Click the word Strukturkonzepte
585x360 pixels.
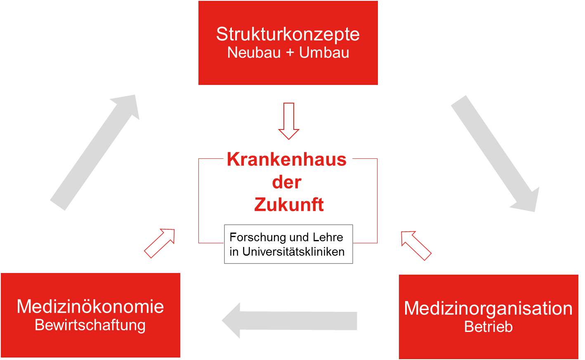[288, 35]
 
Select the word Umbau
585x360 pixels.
[324, 53]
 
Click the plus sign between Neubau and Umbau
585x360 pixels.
[290, 53]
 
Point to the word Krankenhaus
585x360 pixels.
[287, 159]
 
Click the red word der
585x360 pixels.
[287, 182]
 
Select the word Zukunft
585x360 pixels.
[289, 204]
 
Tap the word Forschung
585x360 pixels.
[257, 238]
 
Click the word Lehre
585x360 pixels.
[328, 237]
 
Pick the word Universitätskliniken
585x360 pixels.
[293, 252]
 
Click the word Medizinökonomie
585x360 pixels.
[90, 306]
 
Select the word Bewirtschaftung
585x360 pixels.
[90, 325]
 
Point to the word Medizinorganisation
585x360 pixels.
[488, 308]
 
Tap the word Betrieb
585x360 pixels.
[488, 327]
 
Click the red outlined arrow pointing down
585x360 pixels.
[289, 121]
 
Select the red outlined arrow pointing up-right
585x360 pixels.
[160, 243]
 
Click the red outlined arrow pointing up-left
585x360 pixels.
[416, 245]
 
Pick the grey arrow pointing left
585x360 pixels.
[289, 320]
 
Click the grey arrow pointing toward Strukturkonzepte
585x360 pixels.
[95, 153]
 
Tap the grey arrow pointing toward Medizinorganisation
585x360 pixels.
[495, 153]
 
